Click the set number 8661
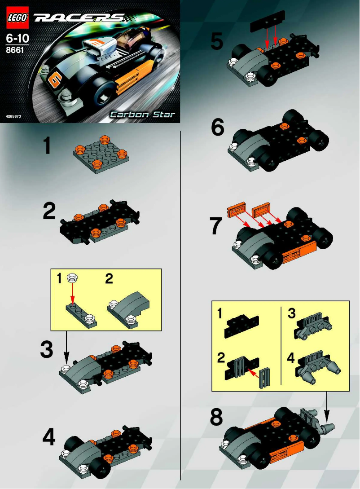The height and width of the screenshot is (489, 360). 15,51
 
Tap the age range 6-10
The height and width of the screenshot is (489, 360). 16,39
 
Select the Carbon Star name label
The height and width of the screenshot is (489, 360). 143,114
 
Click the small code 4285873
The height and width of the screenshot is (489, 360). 14,116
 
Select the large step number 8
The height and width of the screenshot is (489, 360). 216,418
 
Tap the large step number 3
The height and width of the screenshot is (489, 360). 47,350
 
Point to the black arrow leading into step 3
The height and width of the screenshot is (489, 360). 67,350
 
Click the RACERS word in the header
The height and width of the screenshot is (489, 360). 79,18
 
